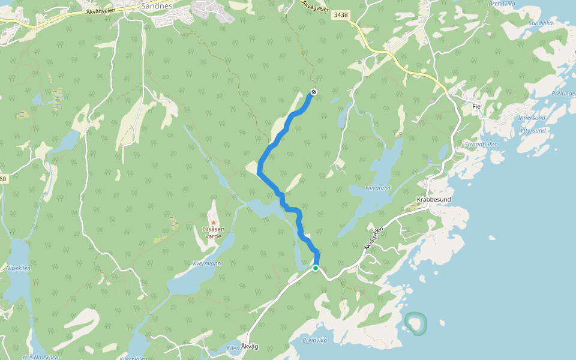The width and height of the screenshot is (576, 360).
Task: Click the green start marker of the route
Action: point(316,268)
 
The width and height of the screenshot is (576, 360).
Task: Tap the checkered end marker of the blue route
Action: point(313,92)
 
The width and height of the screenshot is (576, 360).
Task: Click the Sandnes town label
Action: point(157,5)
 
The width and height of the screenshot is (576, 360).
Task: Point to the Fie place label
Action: point(477,106)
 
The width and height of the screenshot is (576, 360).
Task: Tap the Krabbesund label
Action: point(433,199)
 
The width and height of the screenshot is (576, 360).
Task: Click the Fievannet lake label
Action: point(378,187)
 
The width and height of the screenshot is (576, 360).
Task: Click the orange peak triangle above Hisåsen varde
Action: point(213,222)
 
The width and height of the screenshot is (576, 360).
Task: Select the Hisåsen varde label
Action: point(214,232)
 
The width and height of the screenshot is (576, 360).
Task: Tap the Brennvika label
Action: point(502,3)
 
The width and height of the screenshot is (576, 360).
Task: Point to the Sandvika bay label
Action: point(540,23)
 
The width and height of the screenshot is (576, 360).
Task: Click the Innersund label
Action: point(532,118)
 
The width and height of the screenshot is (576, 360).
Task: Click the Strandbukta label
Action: point(481,145)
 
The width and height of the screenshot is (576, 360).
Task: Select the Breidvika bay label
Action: point(315,339)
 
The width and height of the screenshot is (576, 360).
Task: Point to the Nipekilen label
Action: point(18,268)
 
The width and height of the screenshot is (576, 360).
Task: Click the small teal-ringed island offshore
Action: point(415,323)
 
